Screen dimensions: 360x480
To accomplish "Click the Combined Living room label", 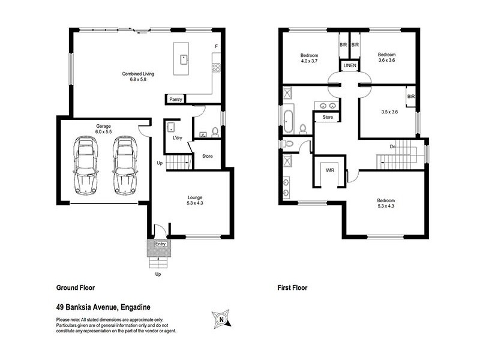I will [x=139, y=76].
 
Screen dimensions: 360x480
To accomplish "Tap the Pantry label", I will [x=175, y=99].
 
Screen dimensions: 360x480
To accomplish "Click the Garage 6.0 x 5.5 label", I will [x=103, y=128].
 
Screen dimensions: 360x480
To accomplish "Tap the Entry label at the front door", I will [x=160, y=244].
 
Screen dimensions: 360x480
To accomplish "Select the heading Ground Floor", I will [x=75, y=287].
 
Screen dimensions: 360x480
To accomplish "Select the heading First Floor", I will [x=292, y=287].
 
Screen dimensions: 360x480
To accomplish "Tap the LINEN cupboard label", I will [x=349, y=65].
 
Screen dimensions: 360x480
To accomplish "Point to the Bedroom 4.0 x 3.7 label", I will [x=311, y=58].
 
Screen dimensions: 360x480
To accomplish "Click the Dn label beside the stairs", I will [x=392, y=146].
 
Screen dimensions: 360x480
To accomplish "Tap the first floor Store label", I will [x=327, y=117].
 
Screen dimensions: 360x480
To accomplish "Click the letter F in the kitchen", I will [x=216, y=46].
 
